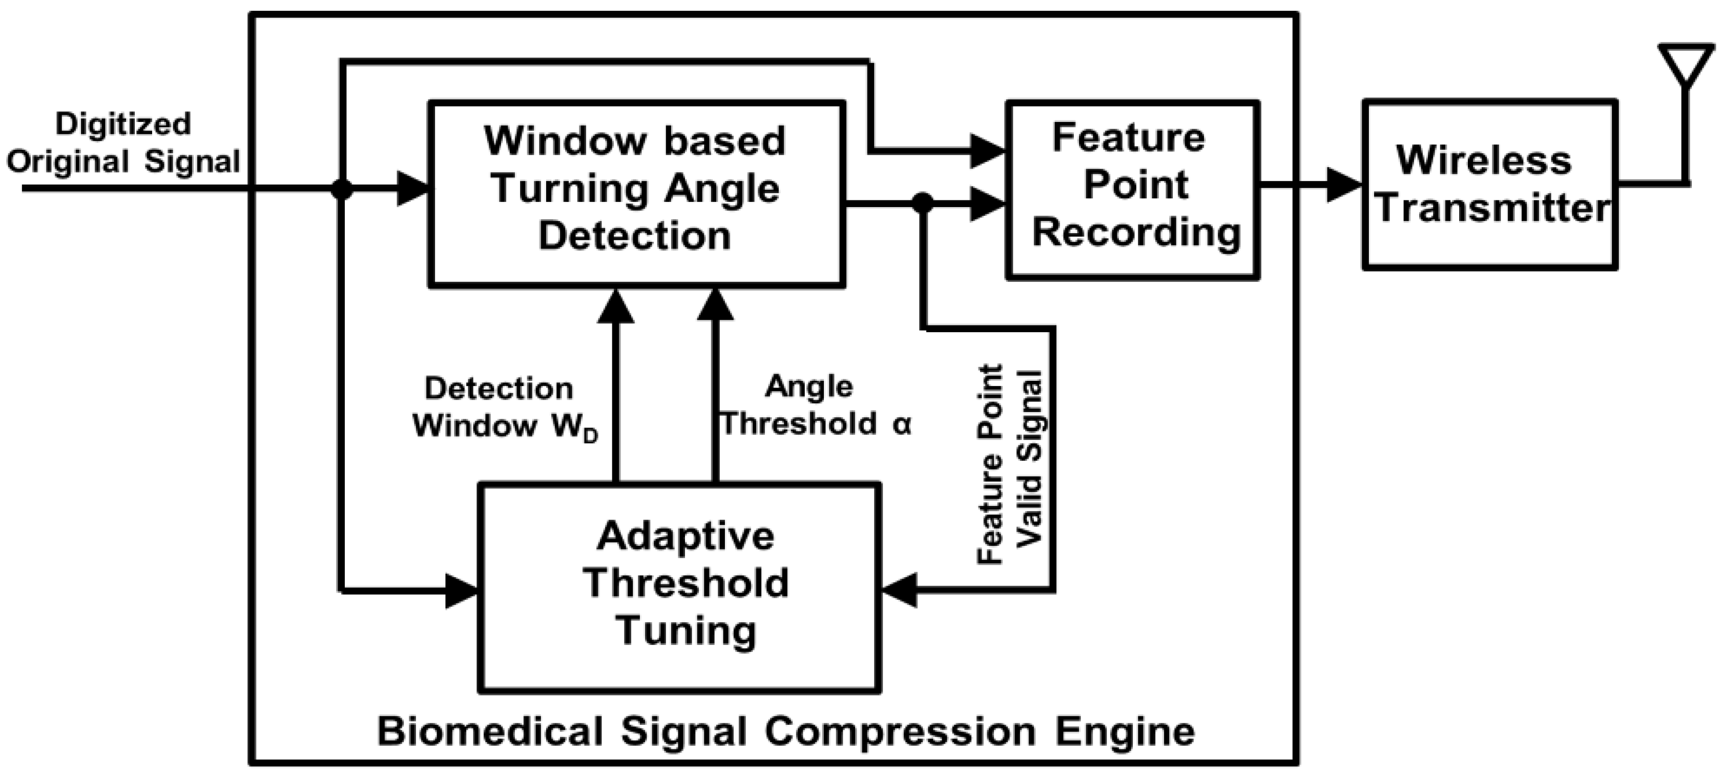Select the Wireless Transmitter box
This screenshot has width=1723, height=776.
pos(1490,185)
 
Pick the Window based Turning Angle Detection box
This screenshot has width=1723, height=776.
pos(636,193)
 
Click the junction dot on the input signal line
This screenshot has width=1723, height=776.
pos(342,189)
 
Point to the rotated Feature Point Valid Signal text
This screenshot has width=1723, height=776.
pos(1010,464)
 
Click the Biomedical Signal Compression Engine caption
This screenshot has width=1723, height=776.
pos(785,731)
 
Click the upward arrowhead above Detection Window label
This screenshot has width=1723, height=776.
pos(616,307)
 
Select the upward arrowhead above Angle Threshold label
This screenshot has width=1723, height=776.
pos(716,307)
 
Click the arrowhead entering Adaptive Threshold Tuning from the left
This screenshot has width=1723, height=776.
pos(462,590)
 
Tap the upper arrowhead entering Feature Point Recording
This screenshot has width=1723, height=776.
pos(987,151)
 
